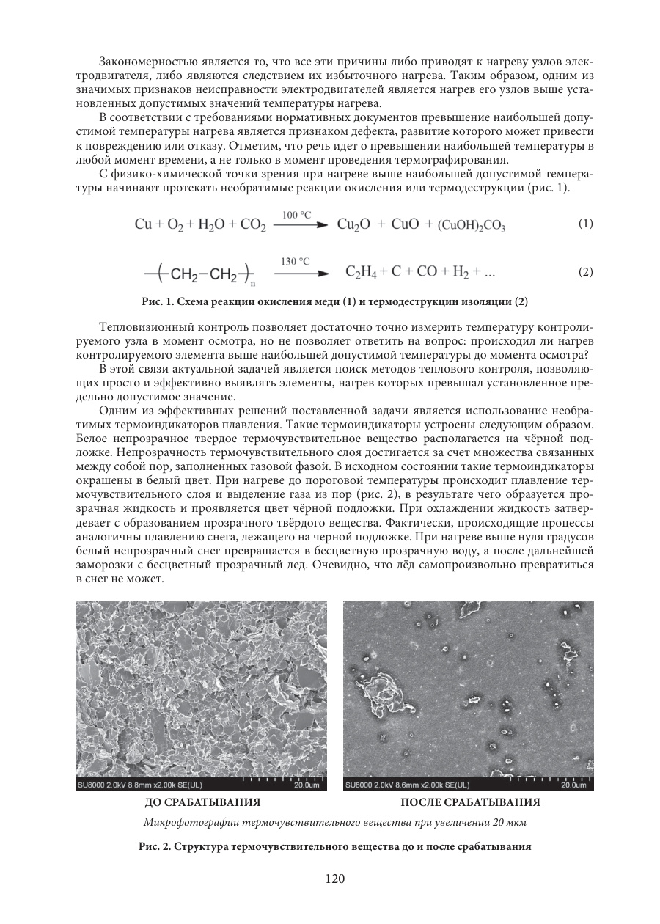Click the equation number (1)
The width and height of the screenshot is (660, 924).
coord(585,224)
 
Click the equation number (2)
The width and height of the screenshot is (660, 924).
coord(585,272)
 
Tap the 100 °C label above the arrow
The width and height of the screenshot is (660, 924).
coord(296,214)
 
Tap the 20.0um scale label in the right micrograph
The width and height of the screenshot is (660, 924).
coord(575,785)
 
